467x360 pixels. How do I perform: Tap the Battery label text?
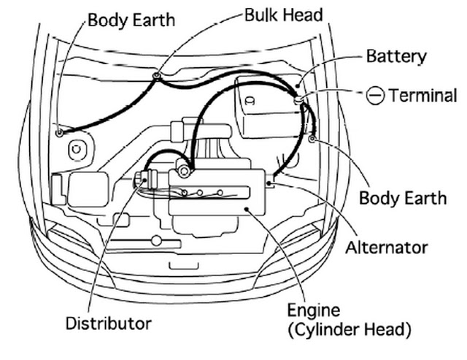[x=395, y=56]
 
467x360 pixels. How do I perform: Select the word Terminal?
[x=422, y=96]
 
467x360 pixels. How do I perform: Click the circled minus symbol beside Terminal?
[x=375, y=96]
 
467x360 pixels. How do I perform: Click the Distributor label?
[x=109, y=323]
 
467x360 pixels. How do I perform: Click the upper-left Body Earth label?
[x=131, y=19]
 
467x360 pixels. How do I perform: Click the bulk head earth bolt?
[x=157, y=74]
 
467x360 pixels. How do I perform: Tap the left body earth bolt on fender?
[x=59, y=133]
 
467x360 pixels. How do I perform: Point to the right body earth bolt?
[x=312, y=138]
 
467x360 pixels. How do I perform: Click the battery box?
[x=266, y=110]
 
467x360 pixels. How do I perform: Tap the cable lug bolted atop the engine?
[x=185, y=171]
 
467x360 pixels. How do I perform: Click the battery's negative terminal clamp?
[x=299, y=96]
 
